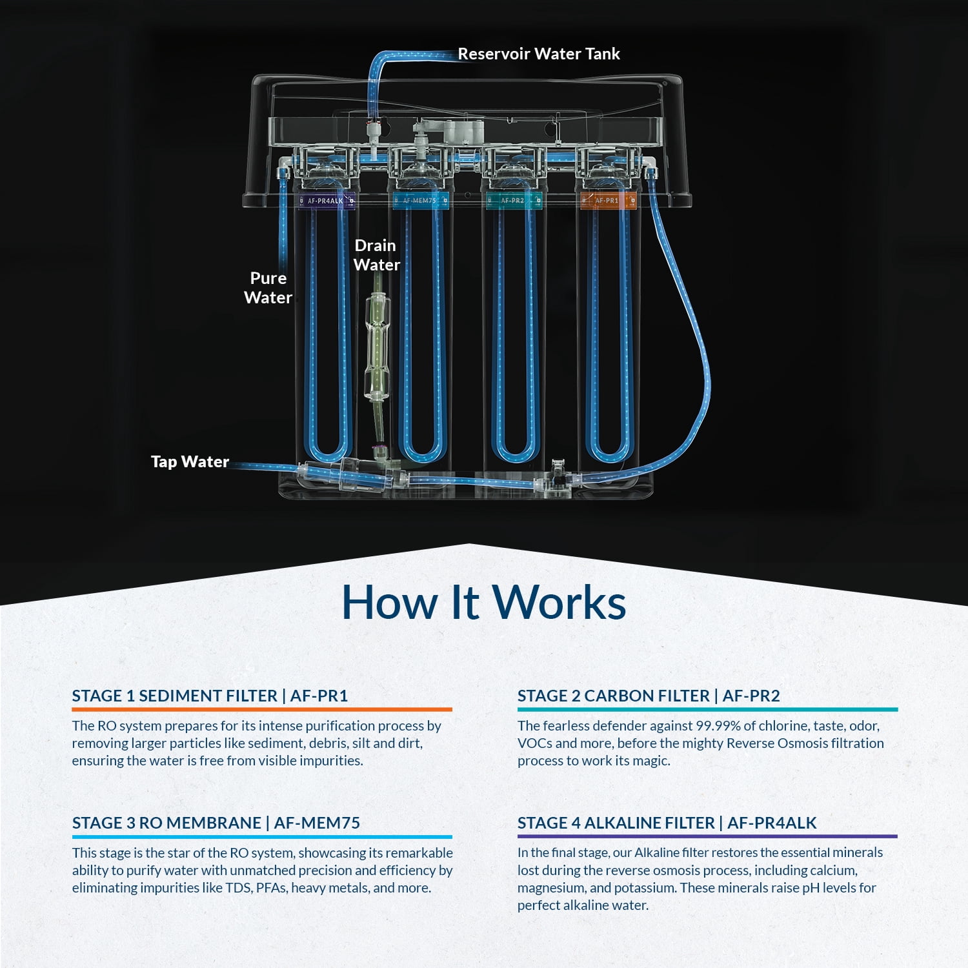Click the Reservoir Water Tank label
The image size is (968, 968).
(538, 54)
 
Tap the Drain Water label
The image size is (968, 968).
(376, 255)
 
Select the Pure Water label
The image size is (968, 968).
(268, 288)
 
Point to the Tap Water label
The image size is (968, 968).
(190, 461)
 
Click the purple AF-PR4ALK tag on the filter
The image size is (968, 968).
(325, 201)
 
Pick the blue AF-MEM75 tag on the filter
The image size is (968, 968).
(419, 201)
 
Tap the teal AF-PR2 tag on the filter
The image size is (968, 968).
(513, 201)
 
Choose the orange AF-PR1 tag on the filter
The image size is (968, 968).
(607, 201)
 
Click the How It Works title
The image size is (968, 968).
(483, 602)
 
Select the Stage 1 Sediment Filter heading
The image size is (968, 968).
(210, 696)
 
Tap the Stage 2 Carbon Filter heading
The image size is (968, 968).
(649, 696)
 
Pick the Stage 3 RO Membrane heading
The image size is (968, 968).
(216, 823)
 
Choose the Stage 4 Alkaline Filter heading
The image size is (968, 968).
(667, 823)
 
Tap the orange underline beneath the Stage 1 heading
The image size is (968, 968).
(261, 709)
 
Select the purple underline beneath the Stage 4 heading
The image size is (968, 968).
(707, 836)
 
